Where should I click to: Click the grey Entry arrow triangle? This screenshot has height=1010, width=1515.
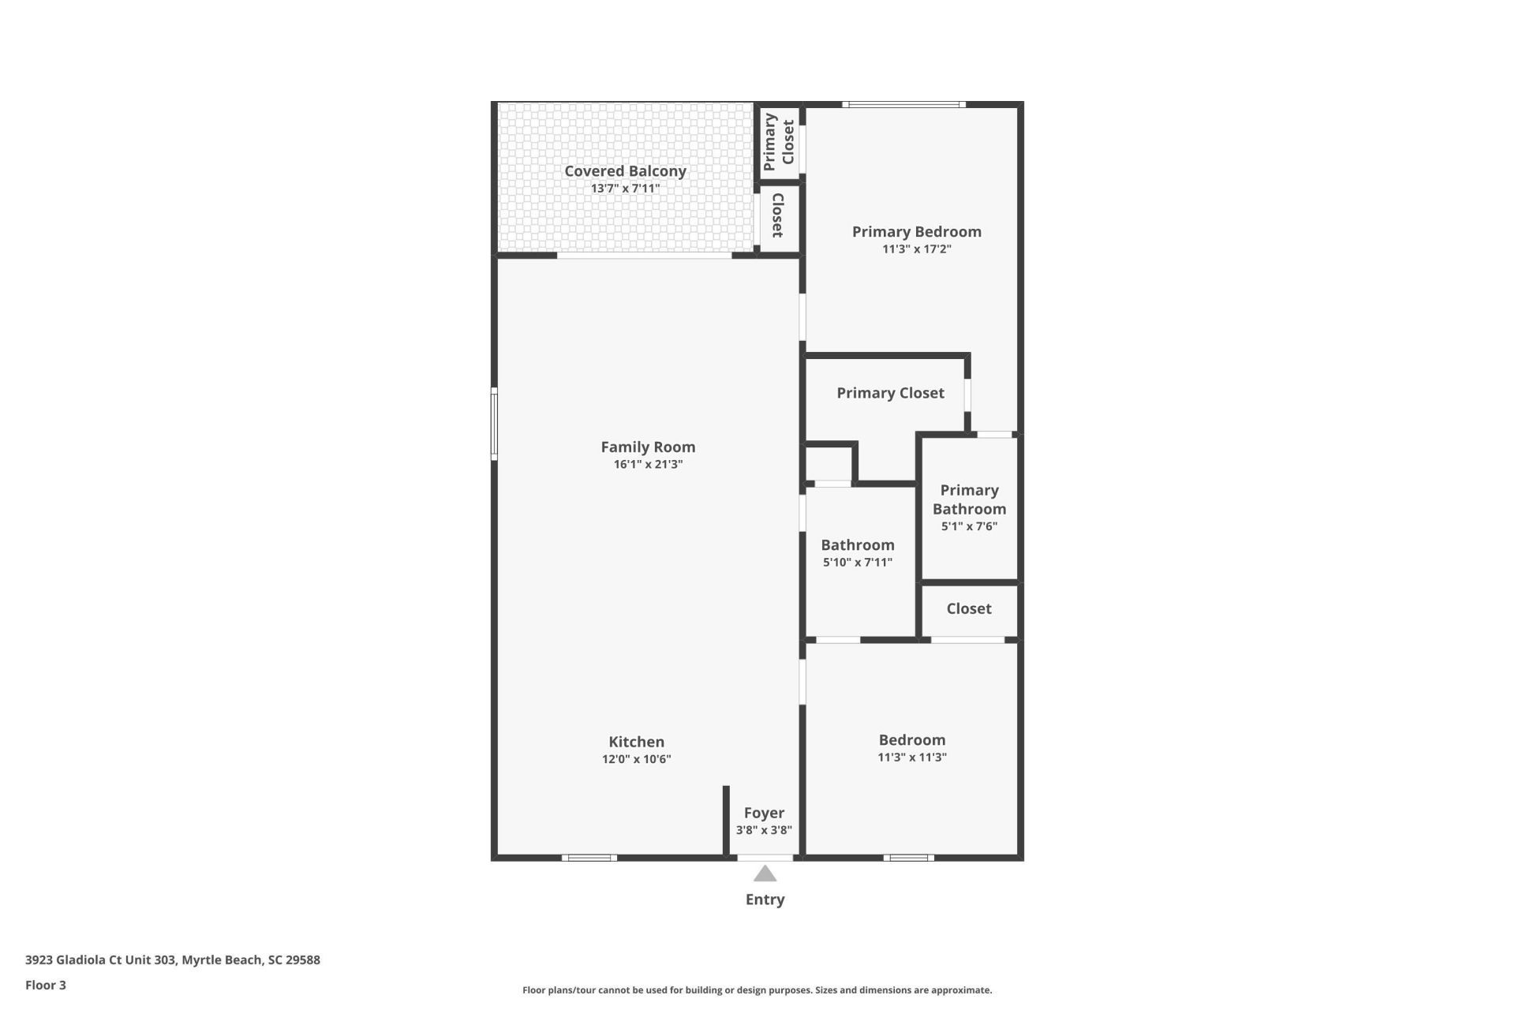[x=765, y=874]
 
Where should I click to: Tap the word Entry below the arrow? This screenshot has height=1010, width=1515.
[x=765, y=900]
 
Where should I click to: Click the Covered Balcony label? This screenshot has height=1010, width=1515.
[x=625, y=171]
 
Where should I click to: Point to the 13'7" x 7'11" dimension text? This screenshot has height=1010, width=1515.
[x=625, y=189]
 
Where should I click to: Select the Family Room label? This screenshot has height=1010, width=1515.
[x=648, y=447]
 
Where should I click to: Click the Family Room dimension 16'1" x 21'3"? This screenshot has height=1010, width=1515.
[x=648, y=464]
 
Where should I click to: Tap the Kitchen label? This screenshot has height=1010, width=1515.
[x=636, y=742]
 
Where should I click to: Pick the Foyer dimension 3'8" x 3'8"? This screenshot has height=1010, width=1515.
[x=764, y=830]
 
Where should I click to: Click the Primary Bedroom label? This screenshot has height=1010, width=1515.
[x=916, y=231]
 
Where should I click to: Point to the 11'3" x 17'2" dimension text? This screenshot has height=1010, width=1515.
[x=916, y=249]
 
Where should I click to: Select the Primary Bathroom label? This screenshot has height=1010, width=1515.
[x=969, y=499]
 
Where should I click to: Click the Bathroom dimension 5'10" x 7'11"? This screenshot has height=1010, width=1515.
[x=857, y=563]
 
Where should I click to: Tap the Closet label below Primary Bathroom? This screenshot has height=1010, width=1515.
[x=968, y=608]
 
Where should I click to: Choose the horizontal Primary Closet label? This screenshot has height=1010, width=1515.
[x=890, y=393]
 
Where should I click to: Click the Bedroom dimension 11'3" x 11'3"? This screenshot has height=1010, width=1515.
[x=911, y=757]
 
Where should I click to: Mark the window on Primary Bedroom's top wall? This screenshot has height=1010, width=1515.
[x=903, y=104]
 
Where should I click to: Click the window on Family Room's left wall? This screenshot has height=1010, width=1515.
[x=494, y=424]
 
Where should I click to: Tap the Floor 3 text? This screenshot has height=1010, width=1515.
[x=46, y=985]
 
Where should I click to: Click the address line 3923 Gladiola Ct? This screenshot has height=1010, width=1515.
[x=172, y=960]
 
